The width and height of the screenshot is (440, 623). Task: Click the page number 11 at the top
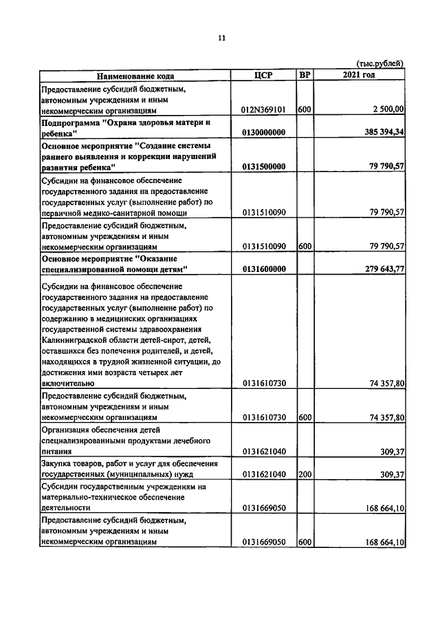coord(221,39)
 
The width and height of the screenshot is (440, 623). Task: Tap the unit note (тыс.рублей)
coord(379,64)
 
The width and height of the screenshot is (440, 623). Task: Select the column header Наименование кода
coord(135,76)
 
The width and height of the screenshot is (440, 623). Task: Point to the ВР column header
coord(305,75)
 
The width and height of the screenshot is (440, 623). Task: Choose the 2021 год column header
coord(358,75)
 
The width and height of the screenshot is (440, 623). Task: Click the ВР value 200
coord(305,474)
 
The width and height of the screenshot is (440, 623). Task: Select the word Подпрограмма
coord(71,122)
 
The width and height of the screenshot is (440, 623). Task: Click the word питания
coord(57,452)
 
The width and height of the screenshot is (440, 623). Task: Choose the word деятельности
coord(67,508)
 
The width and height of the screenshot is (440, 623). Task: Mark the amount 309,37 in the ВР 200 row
coord(391,474)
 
